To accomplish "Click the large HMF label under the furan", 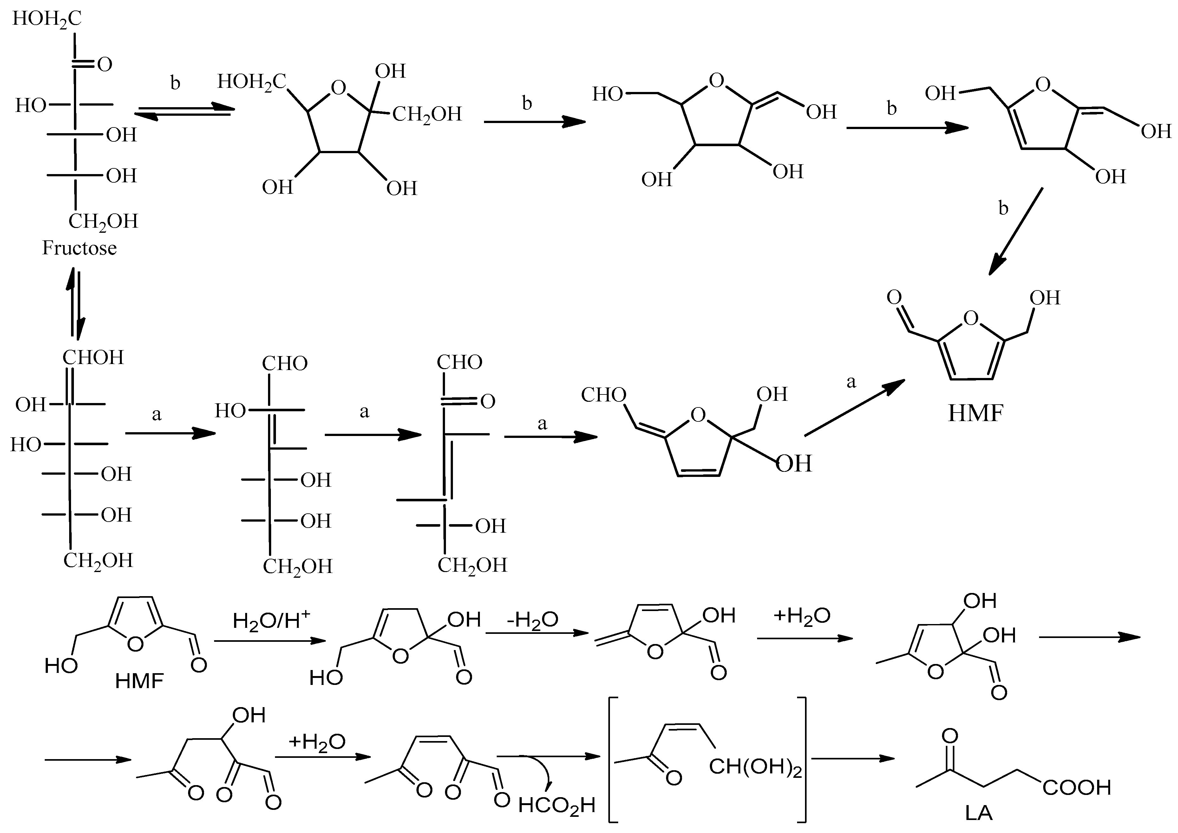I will click(975, 413).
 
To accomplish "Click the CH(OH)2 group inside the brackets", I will click(755, 768).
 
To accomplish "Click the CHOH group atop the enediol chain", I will click(93, 357).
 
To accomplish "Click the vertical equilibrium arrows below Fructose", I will click(75, 303).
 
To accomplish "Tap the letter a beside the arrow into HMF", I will click(851, 382).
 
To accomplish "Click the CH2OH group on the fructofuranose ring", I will click(427, 114).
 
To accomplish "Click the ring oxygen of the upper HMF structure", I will click(970, 319).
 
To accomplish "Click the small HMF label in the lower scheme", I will click(139, 681).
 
